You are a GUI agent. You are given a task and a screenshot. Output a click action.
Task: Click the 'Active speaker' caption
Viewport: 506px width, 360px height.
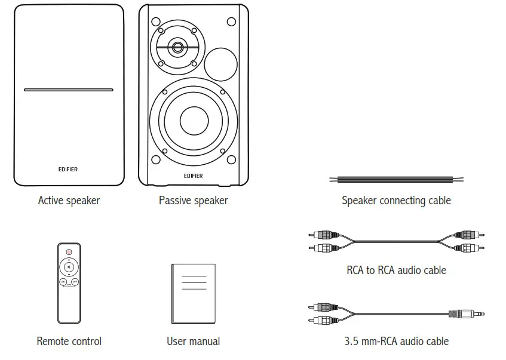pyautogui.click(x=69, y=201)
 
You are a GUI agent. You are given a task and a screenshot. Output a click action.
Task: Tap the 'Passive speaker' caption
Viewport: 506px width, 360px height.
pyautogui.click(x=193, y=201)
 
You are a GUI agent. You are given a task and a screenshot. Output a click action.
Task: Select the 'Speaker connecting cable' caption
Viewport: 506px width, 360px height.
pyautogui.click(x=396, y=201)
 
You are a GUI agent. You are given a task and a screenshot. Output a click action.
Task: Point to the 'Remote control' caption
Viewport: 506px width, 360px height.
pyautogui.click(x=69, y=341)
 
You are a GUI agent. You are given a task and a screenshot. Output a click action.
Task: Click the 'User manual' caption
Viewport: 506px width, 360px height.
pyautogui.click(x=193, y=341)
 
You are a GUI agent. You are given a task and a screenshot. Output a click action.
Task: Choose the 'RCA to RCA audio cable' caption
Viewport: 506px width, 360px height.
pyautogui.click(x=396, y=270)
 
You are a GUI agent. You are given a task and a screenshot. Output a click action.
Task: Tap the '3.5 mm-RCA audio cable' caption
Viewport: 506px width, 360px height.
pyautogui.click(x=396, y=341)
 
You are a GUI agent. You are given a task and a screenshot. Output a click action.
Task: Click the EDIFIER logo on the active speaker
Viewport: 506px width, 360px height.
pyautogui.click(x=69, y=170)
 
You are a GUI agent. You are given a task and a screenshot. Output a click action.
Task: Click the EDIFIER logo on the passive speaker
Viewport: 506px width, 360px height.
pyautogui.click(x=194, y=176)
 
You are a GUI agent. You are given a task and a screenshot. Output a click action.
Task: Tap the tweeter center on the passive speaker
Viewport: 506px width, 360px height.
pyautogui.click(x=177, y=47)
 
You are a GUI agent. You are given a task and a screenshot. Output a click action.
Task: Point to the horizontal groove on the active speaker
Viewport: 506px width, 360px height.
pyautogui.click(x=69, y=90)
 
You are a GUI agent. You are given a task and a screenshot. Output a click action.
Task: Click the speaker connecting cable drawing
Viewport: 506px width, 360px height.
pyautogui.click(x=396, y=179)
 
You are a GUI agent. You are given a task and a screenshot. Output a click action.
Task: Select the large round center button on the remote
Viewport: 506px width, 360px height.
pyautogui.click(x=69, y=267)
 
